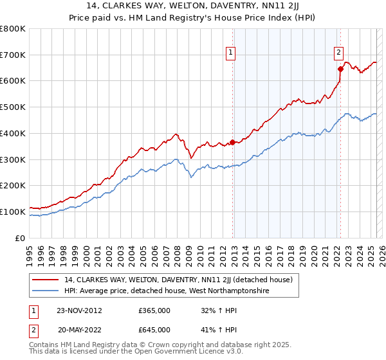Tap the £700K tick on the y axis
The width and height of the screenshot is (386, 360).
13,55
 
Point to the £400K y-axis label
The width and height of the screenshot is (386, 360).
13,134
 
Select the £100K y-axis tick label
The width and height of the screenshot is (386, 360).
13,212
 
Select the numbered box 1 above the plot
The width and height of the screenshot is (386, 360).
231,53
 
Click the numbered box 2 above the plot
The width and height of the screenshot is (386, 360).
338,53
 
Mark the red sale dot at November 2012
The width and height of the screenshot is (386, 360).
232,143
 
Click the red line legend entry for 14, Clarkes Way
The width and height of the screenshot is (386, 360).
178,280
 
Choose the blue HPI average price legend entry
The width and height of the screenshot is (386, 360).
167,291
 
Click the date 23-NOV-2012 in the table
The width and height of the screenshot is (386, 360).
79,310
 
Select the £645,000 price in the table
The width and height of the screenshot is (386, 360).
154,330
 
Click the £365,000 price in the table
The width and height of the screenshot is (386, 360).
154,310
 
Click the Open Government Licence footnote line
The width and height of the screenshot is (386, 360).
125,353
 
